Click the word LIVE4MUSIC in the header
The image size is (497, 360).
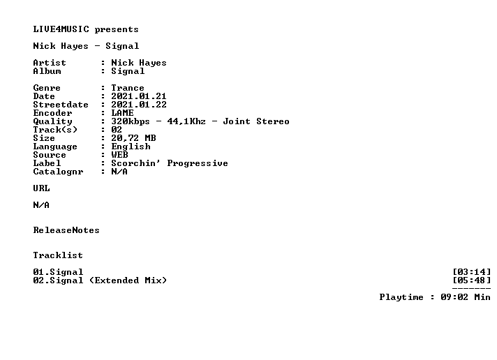pyautogui.click(x=61, y=29)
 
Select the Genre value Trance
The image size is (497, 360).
pyautogui.click(x=128, y=88)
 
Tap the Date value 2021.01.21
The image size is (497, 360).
pyautogui.click(x=139, y=96)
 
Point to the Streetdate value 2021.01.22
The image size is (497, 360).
pyautogui.click(x=139, y=105)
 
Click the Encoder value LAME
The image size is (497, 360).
pyautogui.click(x=122, y=113)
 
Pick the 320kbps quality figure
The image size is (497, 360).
pyautogui.click(x=131, y=121)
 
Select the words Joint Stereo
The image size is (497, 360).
pyautogui.click(x=256, y=121)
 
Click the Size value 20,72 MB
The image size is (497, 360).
pyautogui.click(x=133, y=138)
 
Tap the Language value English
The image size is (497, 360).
pyautogui.click(x=131, y=147)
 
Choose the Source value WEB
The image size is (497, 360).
pyautogui.click(x=119, y=155)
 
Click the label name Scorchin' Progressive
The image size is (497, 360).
pyautogui.click(x=170, y=163)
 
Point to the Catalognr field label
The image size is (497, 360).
pyautogui.click(x=59, y=172)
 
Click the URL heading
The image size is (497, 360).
pyautogui.click(x=41, y=188)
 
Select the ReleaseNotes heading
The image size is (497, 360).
pyautogui.click(x=66, y=230)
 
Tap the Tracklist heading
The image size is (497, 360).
pyautogui.click(x=58, y=255)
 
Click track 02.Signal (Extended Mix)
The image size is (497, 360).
pyautogui.click(x=100, y=280)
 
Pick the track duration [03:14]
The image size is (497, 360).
pyautogui.click(x=472, y=272)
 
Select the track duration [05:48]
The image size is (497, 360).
pyautogui.click(x=472, y=280)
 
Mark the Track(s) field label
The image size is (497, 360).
pyautogui.click(x=55, y=130)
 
